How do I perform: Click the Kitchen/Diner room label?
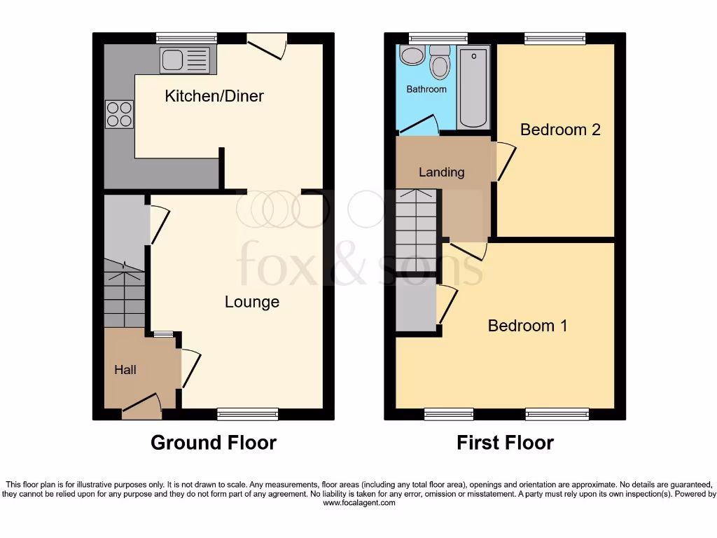click(x=214, y=96)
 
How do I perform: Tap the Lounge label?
click(x=252, y=302)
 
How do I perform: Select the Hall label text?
click(x=125, y=370)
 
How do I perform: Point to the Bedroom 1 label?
click(x=527, y=326)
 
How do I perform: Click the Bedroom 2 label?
click(x=560, y=130)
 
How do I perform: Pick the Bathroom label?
click(x=426, y=90)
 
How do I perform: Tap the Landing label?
click(x=441, y=172)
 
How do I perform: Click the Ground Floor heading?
click(x=214, y=443)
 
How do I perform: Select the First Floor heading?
click(x=505, y=443)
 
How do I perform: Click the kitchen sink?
click(x=185, y=60)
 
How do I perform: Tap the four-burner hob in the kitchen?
click(x=119, y=114)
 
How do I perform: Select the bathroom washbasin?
click(x=412, y=56)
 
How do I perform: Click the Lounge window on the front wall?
click(x=248, y=415)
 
